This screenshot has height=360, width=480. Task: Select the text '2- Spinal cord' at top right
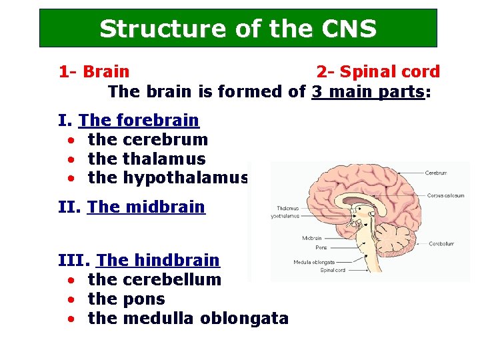[x=378, y=71]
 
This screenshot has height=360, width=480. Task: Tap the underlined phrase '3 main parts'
[x=368, y=91]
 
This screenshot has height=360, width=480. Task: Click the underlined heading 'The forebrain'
[x=139, y=121]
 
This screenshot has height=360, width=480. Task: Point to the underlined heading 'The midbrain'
[x=146, y=207]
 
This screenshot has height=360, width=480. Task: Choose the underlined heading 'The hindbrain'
[x=158, y=260]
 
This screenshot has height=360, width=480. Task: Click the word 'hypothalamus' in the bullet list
[x=186, y=178]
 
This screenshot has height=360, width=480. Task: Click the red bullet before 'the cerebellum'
[x=70, y=280]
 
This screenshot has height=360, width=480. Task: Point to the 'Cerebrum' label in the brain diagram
[x=436, y=173]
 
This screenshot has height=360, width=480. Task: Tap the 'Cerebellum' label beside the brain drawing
[x=441, y=244]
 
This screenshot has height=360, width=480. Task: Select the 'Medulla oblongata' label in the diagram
[x=310, y=262]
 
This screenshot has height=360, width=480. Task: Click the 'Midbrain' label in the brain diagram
[x=312, y=238]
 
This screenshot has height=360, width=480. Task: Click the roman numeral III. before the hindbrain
[x=76, y=260]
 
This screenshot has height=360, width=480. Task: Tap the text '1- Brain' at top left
[x=94, y=71]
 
